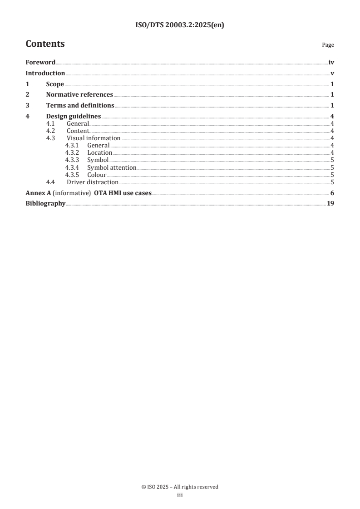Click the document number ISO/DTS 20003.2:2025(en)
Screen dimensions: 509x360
point(180,25)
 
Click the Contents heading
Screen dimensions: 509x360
point(45,44)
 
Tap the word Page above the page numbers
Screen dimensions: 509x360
point(328,45)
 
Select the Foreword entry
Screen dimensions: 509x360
point(40,63)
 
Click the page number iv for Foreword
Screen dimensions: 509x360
point(331,63)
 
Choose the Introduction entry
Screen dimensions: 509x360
point(45,73)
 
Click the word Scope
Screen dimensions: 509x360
point(55,84)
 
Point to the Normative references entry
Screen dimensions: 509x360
point(79,95)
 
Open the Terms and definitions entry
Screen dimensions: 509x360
point(80,106)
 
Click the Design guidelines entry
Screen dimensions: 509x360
point(74,117)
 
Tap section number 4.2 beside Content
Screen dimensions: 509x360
point(51,131)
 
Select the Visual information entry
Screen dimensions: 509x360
point(94,138)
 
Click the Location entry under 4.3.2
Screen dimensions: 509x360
point(99,153)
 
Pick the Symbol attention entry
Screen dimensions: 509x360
point(112,168)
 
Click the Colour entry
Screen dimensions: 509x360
point(97,175)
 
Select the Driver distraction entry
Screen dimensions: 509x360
point(93,182)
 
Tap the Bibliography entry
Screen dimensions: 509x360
point(45,204)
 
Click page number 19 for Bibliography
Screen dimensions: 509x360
point(330,204)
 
